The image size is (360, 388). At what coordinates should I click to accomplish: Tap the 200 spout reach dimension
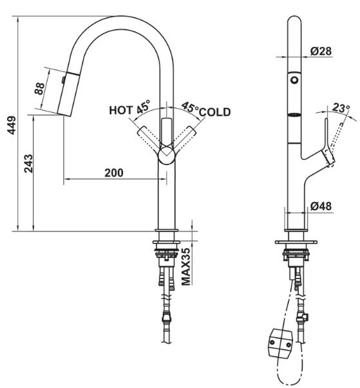click(x=113, y=173)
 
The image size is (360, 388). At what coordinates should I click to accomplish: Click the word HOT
click(x=120, y=110)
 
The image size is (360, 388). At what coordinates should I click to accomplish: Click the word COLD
click(x=214, y=112)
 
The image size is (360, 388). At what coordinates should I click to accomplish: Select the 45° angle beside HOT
click(x=142, y=105)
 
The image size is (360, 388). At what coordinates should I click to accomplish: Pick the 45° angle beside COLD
click(x=189, y=107)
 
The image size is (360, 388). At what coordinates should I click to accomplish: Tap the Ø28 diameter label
click(x=320, y=51)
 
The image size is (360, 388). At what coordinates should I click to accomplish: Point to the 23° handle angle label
click(x=341, y=108)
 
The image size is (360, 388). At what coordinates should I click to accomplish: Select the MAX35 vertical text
click(x=185, y=266)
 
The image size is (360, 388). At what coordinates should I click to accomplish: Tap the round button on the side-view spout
click(x=295, y=80)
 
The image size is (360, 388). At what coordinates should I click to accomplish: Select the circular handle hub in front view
click(x=167, y=155)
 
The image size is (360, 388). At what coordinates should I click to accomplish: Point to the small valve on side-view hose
click(x=303, y=316)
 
